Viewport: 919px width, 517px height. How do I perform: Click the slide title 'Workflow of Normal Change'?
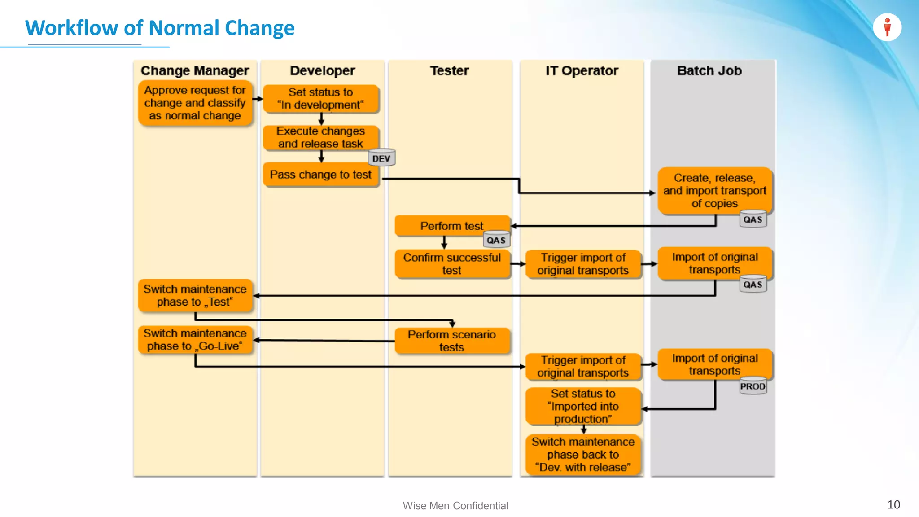(x=160, y=28)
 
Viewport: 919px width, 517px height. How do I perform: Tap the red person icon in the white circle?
(x=887, y=27)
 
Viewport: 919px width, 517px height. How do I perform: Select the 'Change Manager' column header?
(x=195, y=71)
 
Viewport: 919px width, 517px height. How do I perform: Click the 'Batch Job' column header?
(x=709, y=71)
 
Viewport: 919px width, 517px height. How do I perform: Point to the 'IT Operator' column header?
(x=582, y=71)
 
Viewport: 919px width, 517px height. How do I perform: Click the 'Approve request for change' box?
(x=195, y=103)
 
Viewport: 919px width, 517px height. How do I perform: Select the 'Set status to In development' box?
(x=320, y=98)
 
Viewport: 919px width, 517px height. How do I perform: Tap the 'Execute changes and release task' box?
(x=320, y=137)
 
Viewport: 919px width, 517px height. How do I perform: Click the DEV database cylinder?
(x=381, y=158)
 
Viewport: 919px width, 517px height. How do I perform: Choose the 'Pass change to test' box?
(x=320, y=175)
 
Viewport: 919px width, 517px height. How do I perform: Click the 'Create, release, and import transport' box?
(x=714, y=190)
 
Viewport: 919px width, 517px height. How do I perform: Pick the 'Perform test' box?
(x=451, y=226)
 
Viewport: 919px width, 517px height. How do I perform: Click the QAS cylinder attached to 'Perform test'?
(x=496, y=240)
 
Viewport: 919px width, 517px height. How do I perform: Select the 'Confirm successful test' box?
(x=451, y=264)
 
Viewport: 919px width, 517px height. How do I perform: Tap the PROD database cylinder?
(x=753, y=386)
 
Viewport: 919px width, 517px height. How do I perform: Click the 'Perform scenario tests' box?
(x=451, y=341)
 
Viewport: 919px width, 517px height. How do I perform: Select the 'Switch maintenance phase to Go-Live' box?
(x=195, y=340)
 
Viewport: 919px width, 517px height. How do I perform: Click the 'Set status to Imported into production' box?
(x=583, y=406)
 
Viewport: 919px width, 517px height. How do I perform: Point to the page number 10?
(x=893, y=504)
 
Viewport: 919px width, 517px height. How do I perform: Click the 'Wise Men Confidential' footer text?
(x=455, y=506)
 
